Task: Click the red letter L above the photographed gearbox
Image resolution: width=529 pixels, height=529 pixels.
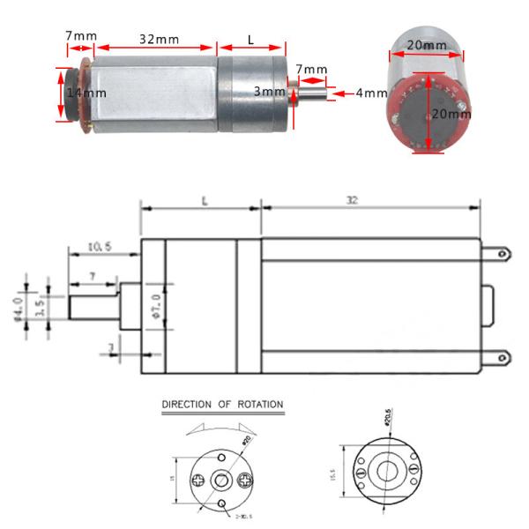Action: [250, 40]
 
